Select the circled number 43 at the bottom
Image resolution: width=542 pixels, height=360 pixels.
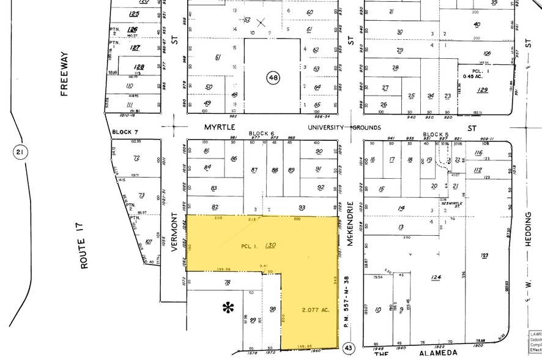click(x=349, y=347)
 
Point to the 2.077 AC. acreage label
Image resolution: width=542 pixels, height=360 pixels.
click(x=316, y=310)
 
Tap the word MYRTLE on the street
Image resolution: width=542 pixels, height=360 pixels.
click(x=218, y=128)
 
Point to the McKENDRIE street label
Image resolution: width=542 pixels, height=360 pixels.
click(x=350, y=224)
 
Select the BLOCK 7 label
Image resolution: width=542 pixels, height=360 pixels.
click(x=125, y=132)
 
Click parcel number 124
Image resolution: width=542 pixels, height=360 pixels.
click(x=436, y=277)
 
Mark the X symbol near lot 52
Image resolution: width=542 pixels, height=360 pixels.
click(x=261, y=23)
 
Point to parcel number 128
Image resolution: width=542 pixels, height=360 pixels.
click(x=139, y=67)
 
